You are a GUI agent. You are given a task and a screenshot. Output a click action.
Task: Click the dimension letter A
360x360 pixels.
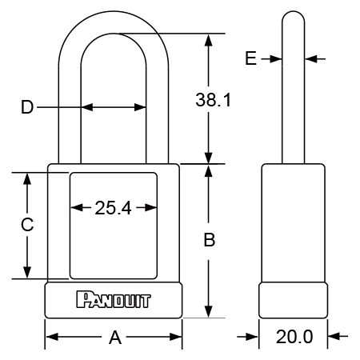[115, 338]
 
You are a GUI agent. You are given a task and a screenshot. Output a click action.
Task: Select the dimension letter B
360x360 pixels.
[210, 239]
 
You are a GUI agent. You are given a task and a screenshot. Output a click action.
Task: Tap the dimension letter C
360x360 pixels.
[27, 224]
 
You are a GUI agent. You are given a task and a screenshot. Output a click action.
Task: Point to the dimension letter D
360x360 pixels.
[27, 107]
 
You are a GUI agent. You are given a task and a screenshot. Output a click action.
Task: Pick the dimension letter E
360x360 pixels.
[250, 58]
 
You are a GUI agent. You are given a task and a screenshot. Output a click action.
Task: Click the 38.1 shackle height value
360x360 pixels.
[213, 100]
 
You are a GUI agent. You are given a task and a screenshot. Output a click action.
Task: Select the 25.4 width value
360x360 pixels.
[113, 208]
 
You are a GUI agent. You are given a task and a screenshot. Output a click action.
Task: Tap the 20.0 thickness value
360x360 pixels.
[294, 337]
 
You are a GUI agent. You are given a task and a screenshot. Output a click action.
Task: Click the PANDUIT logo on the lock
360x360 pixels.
[114, 300]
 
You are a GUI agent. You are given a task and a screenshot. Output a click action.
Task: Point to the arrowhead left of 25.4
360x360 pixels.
[76, 207]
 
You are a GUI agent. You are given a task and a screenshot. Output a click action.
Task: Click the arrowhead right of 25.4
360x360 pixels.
[150, 207]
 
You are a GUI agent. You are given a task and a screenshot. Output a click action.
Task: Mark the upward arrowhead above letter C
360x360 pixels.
[27, 178]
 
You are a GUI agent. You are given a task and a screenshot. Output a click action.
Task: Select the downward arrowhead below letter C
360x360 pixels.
[27, 273]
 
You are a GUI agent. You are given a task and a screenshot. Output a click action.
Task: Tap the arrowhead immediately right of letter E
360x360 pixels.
[276, 58]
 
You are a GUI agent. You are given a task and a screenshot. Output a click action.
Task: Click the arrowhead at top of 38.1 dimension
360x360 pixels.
[209, 40]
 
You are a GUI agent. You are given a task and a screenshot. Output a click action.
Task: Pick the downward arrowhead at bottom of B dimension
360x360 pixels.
[209, 312]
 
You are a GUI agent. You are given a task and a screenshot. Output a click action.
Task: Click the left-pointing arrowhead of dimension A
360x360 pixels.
[52, 337]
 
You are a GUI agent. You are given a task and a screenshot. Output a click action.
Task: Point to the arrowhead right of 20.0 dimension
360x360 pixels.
[334, 337]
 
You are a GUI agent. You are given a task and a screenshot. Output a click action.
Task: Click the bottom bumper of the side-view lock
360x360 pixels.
[294, 300]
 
